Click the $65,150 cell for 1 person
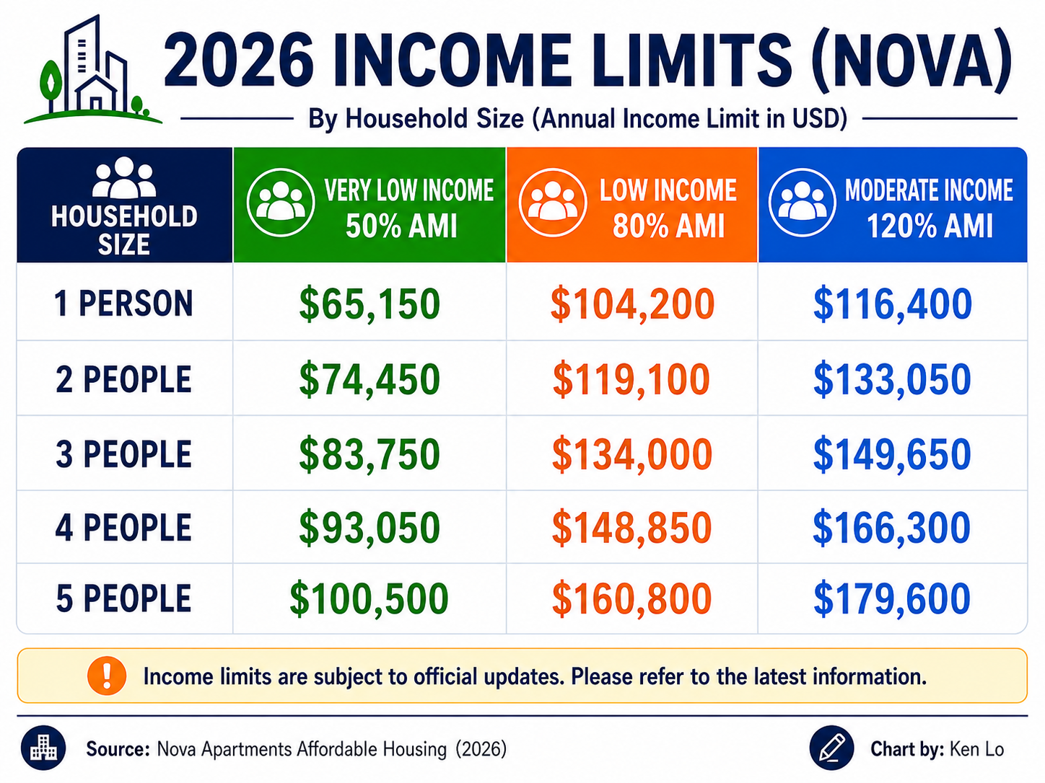point(370,304)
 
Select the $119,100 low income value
point(631,379)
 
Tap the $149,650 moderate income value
point(892,454)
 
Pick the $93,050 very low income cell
point(370,527)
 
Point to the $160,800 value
point(631,598)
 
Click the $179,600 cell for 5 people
point(892,598)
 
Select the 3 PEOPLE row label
point(124,454)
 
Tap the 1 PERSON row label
point(124,304)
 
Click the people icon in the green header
point(281,202)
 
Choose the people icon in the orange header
point(553,202)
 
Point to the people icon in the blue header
point(803,202)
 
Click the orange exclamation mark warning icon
point(107,676)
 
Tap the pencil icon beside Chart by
point(831,748)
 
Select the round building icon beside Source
point(43,748)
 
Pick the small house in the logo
point(96,94)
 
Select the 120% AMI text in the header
point(930,226)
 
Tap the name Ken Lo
point(976,749)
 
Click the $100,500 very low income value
point(370,598)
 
